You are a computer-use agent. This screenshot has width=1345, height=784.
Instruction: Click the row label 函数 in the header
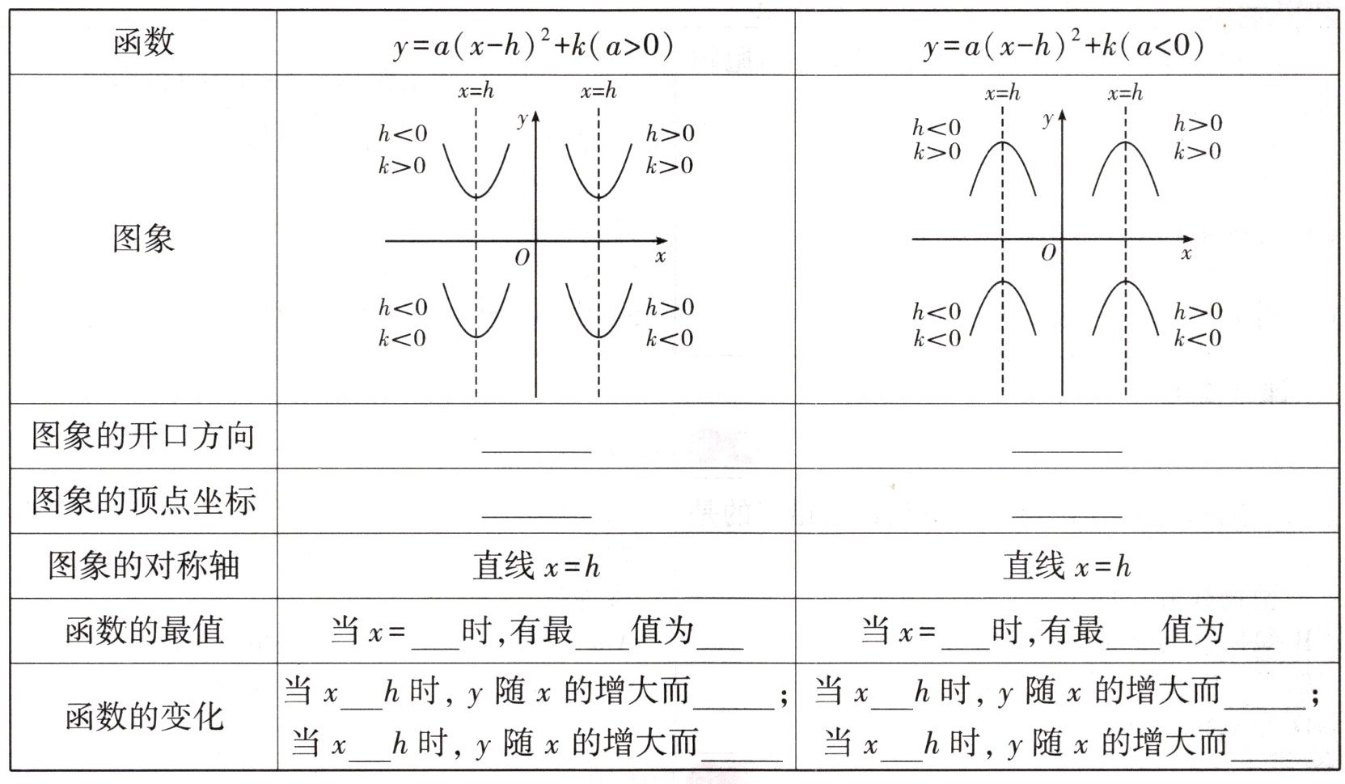click(143, 42)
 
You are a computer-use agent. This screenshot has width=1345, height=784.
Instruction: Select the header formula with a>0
click(534, 45)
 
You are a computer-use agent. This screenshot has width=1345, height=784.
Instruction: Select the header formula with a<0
click(1064, 45)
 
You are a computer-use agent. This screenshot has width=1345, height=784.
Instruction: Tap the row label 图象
click(143, 239)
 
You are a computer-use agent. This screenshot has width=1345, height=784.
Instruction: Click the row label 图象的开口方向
click(143, 436)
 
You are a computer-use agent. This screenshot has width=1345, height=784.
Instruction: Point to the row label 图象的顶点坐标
click(143, 501)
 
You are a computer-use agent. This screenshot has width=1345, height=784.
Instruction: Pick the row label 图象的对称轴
click(143, 566)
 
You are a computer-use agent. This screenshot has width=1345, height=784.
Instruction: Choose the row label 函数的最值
click(143, 630)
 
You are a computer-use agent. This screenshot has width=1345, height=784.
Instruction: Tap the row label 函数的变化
click(143, 717)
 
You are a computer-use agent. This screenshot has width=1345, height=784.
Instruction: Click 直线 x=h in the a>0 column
click(536, 566)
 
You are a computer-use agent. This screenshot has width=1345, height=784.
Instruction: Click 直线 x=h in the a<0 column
click(1067, 566)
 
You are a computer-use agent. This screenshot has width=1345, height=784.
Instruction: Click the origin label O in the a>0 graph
click(522, 257)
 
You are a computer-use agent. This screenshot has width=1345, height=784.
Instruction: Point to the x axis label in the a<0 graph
click(1186, 253)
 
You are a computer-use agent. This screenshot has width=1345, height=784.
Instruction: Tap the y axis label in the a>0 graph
click(522, 120)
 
